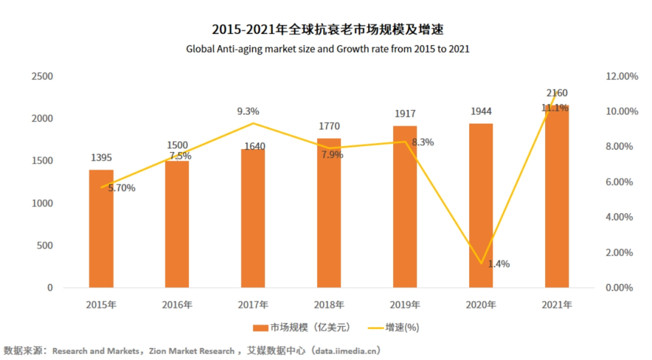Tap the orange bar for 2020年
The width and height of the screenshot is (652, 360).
point(481,205)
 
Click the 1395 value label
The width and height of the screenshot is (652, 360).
point(101,158)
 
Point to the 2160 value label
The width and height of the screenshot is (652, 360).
point(557,93)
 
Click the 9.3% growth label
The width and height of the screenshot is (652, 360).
point(248,111)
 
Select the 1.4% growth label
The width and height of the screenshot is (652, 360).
point(499,264)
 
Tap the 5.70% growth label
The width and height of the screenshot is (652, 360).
point(121,188)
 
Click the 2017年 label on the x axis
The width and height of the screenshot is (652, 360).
point(253,305)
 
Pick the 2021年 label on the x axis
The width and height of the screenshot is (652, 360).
point(557,305)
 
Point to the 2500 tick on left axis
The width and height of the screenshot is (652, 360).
point(42,77)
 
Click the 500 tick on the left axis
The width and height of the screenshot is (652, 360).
point(45,246)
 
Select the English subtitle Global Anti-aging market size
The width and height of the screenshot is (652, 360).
point(328,49)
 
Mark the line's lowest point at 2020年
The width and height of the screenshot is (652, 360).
point(481,263)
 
